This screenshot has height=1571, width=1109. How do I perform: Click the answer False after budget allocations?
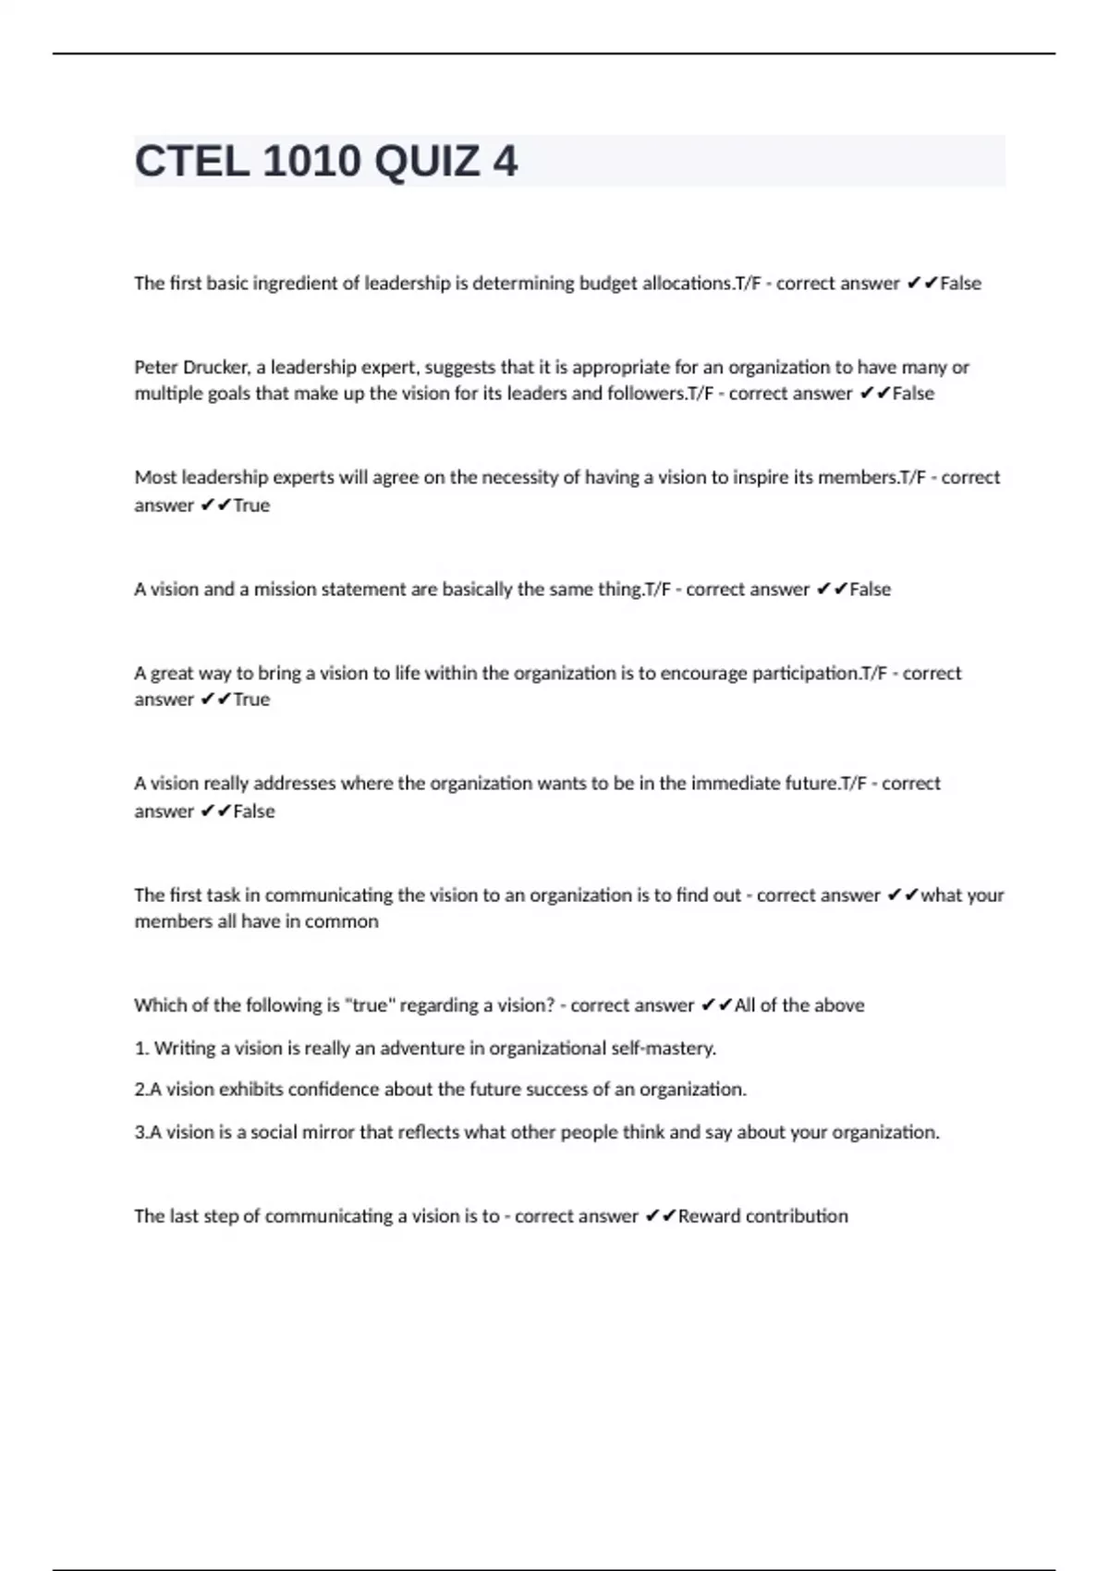click(960, 283)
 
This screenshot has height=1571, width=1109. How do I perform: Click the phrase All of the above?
click(799, 1005)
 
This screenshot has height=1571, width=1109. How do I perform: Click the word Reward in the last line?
click(709, 1216)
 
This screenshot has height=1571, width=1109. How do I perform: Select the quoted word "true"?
click(369, 1005)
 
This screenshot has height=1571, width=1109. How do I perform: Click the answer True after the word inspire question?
click(251, 505)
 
